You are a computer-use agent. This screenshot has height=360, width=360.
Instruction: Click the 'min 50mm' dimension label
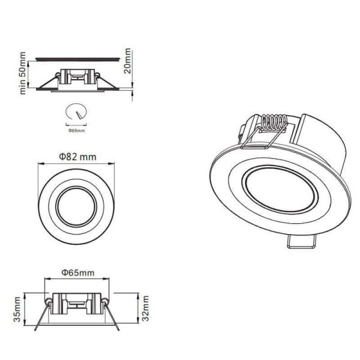[23, 73]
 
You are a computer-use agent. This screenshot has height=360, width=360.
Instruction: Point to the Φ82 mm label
[78, 157]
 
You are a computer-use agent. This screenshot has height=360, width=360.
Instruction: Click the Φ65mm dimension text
[78, 272]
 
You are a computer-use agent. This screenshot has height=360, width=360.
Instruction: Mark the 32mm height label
[145, 310]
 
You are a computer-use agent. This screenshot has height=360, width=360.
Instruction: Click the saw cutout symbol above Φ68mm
[76, 113]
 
